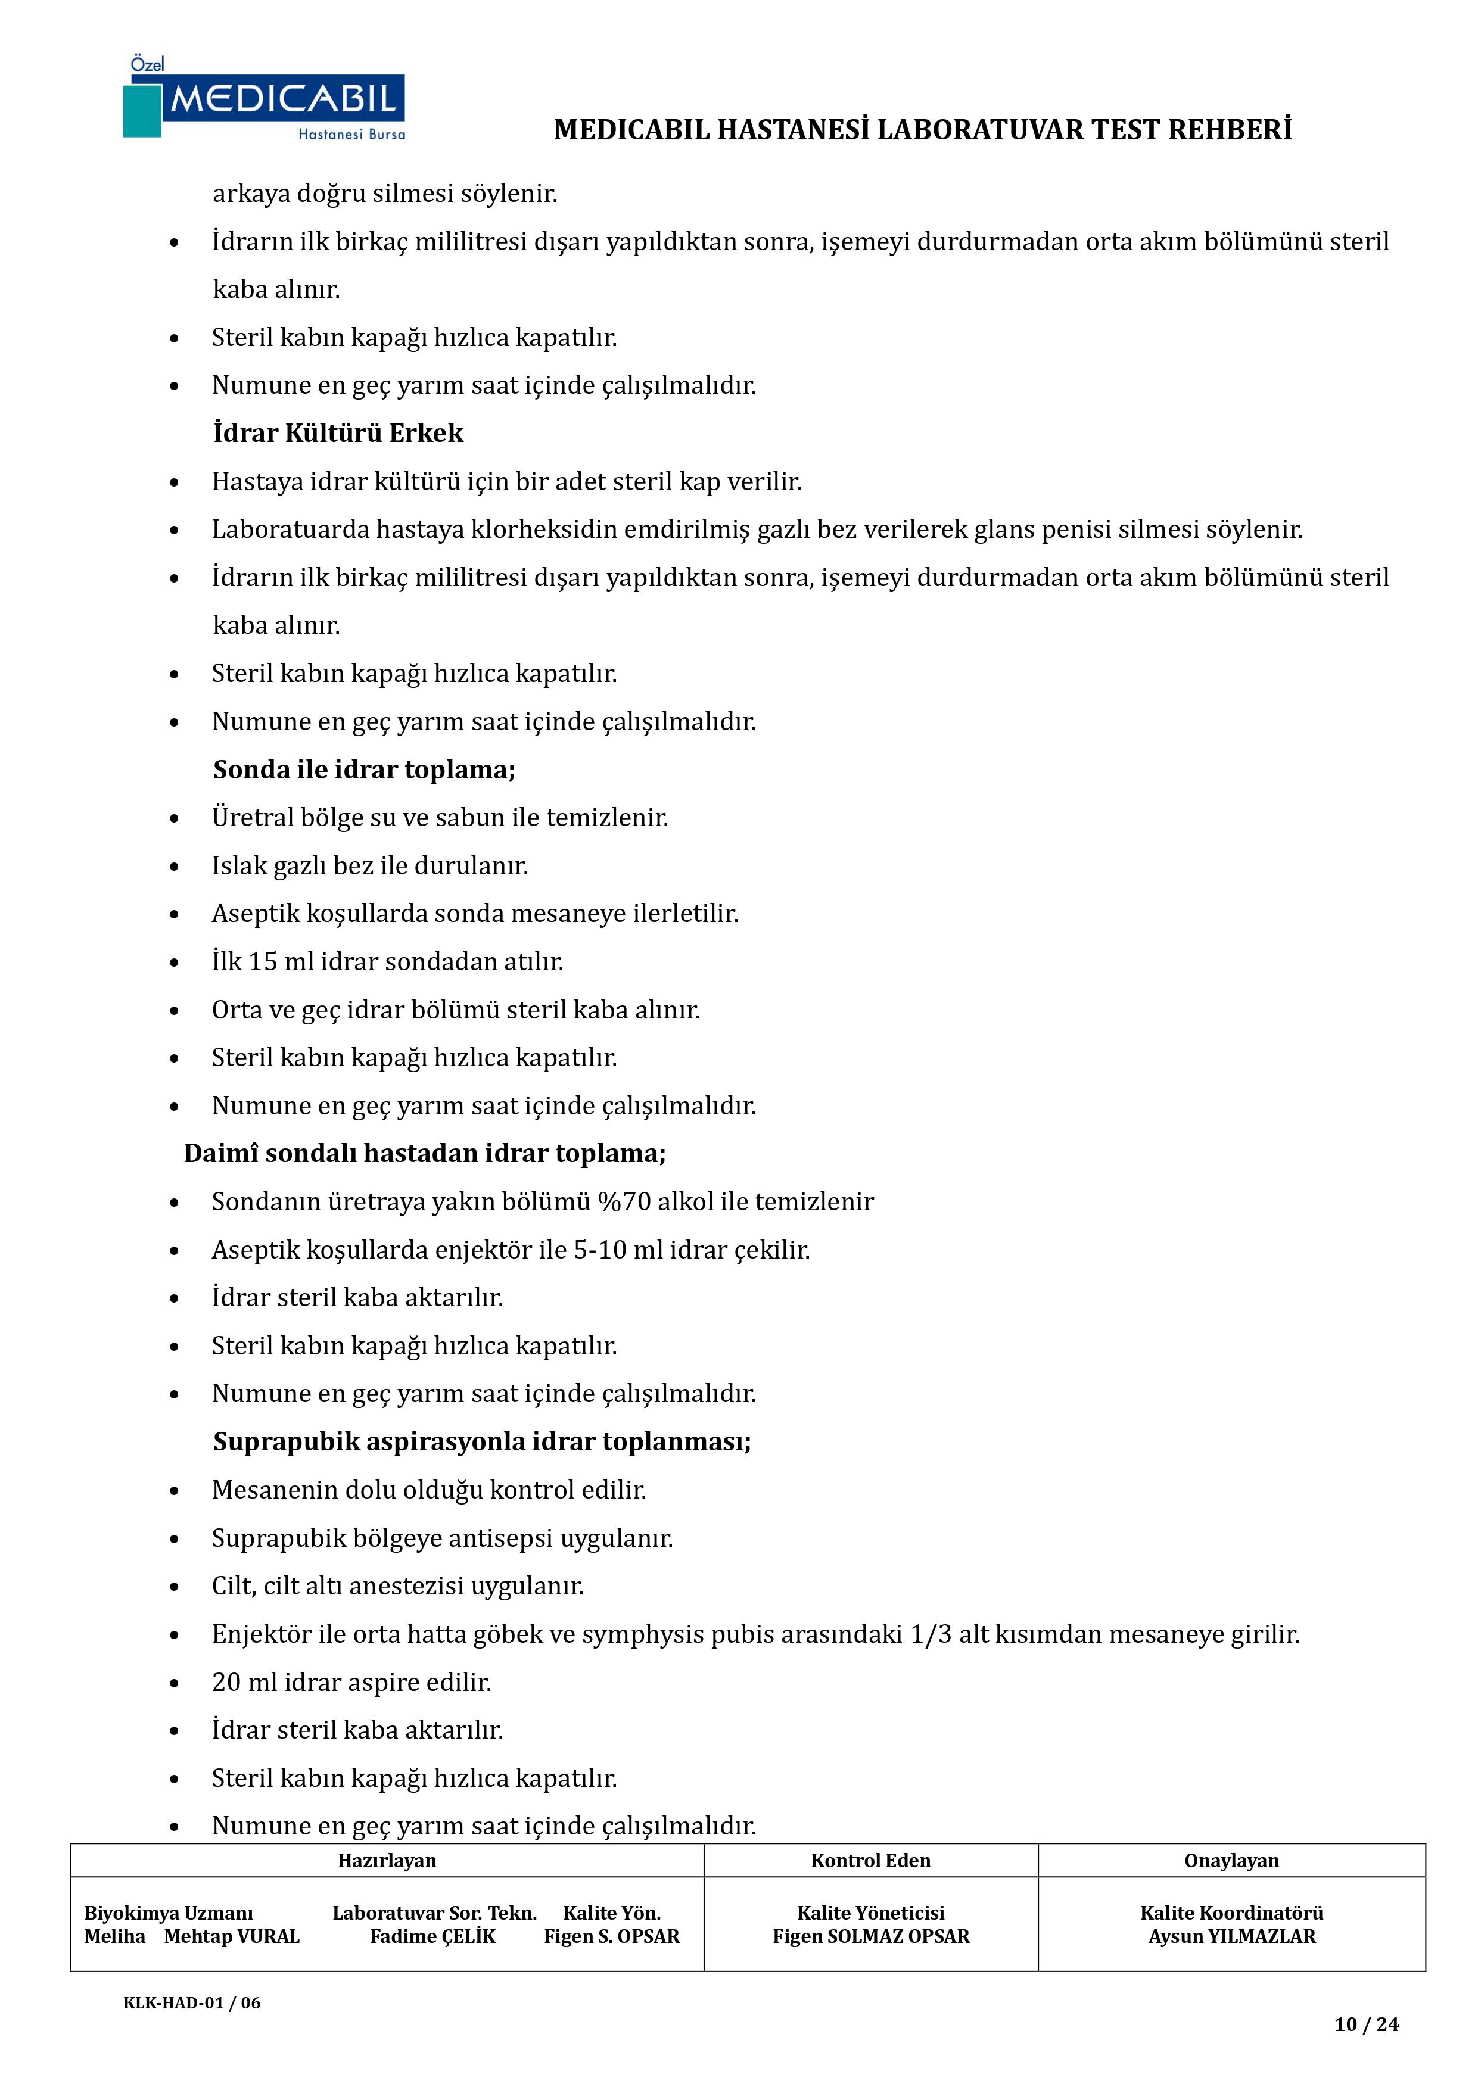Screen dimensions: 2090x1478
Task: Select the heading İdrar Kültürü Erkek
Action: (338, 433)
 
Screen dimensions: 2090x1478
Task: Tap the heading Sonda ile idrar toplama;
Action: (364, 770)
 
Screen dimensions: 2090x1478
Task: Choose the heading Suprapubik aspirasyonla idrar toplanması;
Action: (482, 1442)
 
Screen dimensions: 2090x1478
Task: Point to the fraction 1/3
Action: (931, 1635)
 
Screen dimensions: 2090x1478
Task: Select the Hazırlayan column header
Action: (387, 1861)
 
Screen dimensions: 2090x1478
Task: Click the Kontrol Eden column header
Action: (870, 1861)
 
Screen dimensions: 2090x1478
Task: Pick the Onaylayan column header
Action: (1231, 1861)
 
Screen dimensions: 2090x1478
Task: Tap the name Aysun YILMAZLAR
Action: (1231, 1936)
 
